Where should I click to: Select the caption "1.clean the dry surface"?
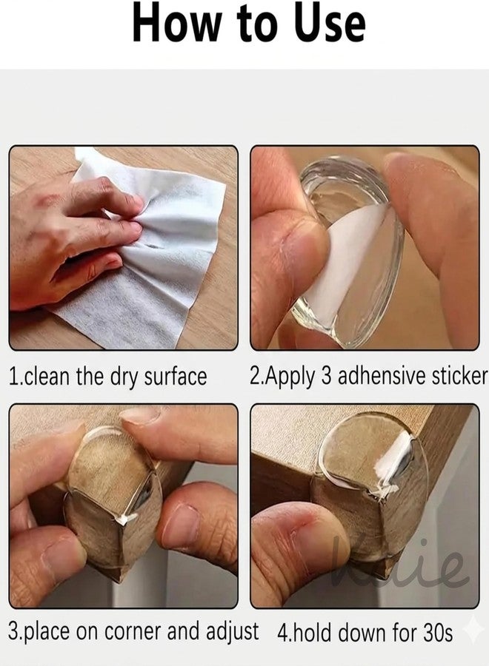pyautogui.click(x=107, y=377)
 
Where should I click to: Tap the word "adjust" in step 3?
pyautogui.click(x=233, y=632)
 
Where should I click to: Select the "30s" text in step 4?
pyautogui.click(x=438, y=633)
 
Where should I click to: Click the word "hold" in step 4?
pyautogui.click(x=312, y=633)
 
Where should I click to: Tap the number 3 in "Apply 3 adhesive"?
pyautogui.click(x=326, y=375)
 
